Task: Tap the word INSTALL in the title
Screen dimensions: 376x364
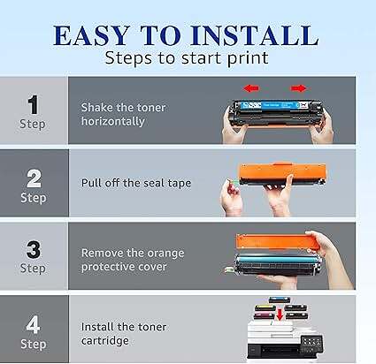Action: coord(255,35)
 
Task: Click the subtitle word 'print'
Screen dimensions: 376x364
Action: coord(248,58)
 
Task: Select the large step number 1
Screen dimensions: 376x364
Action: coord(33,104)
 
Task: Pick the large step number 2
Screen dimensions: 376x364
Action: coord(34,178)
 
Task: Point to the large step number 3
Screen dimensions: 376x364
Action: coord(34,250)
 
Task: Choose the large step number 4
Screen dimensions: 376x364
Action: coord(33,324)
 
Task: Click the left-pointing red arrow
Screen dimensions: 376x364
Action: coord(251,88)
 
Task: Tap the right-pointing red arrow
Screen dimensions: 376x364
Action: coord(298,88)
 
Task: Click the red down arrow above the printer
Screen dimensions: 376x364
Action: coord(280,315)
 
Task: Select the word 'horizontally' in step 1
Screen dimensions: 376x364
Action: coord(113,121)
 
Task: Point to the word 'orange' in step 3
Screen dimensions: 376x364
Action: coord(165,254)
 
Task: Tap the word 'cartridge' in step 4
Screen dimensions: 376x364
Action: coord(105,341)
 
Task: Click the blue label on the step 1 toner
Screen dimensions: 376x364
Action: coord(270,105)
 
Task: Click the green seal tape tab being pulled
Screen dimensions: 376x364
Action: coord(234,185)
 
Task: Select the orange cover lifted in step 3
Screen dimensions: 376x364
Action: coord(276,242)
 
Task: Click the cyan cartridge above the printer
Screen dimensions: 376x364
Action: coord(280,300)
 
